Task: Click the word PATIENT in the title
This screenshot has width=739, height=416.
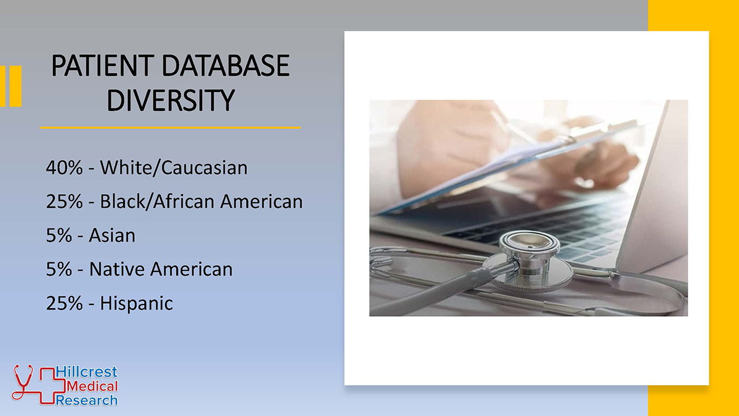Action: click(x=103, y=66)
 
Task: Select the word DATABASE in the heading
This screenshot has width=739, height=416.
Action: click(x=225, y=66)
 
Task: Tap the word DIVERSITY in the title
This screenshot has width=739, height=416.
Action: click(x=171, y=100)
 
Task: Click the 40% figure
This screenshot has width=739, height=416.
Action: click(x=64, y=168)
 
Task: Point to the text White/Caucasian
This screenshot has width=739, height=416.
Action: click(x=174, y=168)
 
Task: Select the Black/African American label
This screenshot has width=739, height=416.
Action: click(x=201, y=202)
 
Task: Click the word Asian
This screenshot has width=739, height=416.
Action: click(x=112, y=235)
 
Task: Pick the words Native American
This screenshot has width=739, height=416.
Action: click(x=161, y=269)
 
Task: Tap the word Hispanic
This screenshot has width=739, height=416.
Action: click(x=136, y=303)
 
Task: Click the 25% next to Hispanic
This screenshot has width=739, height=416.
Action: click(x=64, y=303)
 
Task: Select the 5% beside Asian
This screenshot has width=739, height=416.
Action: click(x=59, y=235)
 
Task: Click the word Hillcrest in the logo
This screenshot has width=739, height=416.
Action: click(x=86, y=372)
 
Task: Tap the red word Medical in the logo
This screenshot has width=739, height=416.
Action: click(x=92, y=386)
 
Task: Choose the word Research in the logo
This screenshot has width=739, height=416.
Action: click(x=86, y=400)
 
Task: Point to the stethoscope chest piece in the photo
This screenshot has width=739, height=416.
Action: click(x=529, y=261)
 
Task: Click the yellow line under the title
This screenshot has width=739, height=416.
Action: click(x=171, y=128)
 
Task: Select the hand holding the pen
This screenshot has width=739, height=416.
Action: click(x=604, y=161)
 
